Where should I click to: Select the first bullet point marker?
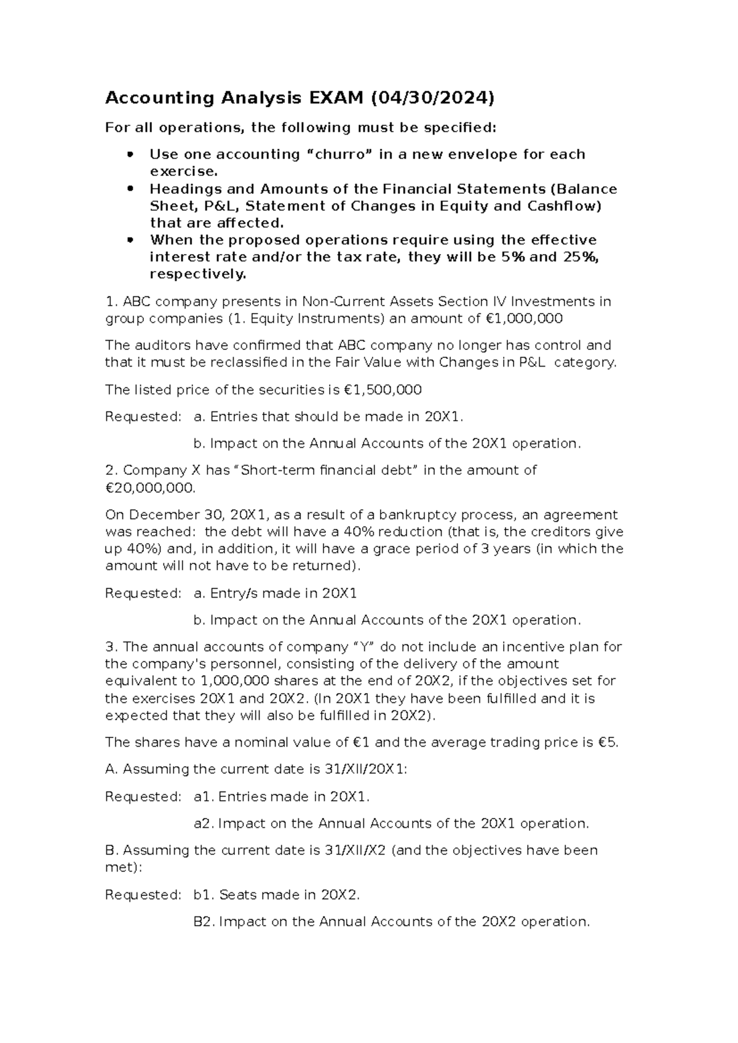(x=129, y=155)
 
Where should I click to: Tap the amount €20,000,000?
(x=150, y=488)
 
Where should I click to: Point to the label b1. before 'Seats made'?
(x=204, y=895)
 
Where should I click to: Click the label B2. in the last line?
(x=204, y=922)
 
